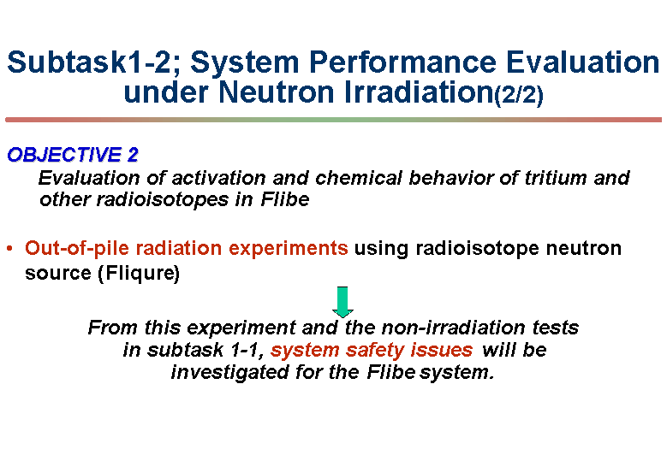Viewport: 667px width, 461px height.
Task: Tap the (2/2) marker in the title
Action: pyautogui.click(x=519, y=94)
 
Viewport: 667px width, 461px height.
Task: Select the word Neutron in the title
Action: pyautogui.click(x=277, y=92)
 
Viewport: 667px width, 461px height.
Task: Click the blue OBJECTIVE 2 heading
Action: pyautogui.click(x=73, y=155)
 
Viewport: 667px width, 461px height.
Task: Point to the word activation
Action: pyautogui.click(x=219, y=178)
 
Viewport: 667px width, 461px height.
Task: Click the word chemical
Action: pyautogui.click(x=359, y=178)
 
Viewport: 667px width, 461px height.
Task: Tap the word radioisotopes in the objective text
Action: pyautogui.click(x=163, y=199)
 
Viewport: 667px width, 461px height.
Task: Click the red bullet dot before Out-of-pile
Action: pyautogui.click(x=9, y=249)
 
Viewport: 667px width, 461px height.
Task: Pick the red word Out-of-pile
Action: pyautogui.click(x=76, y=249)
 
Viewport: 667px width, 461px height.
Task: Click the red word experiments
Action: pyautogui.click(x=289, y=249)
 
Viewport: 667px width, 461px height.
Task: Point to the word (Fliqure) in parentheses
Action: pyautogui.click(x=139, y=273)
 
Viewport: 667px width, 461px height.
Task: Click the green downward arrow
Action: pyautogui.click(x=342, y=302)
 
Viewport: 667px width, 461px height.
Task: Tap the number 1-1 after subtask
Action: pyautogui.click(x=247, y=350)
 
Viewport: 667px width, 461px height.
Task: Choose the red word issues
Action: pyautogui.click(x=442, y=350)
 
